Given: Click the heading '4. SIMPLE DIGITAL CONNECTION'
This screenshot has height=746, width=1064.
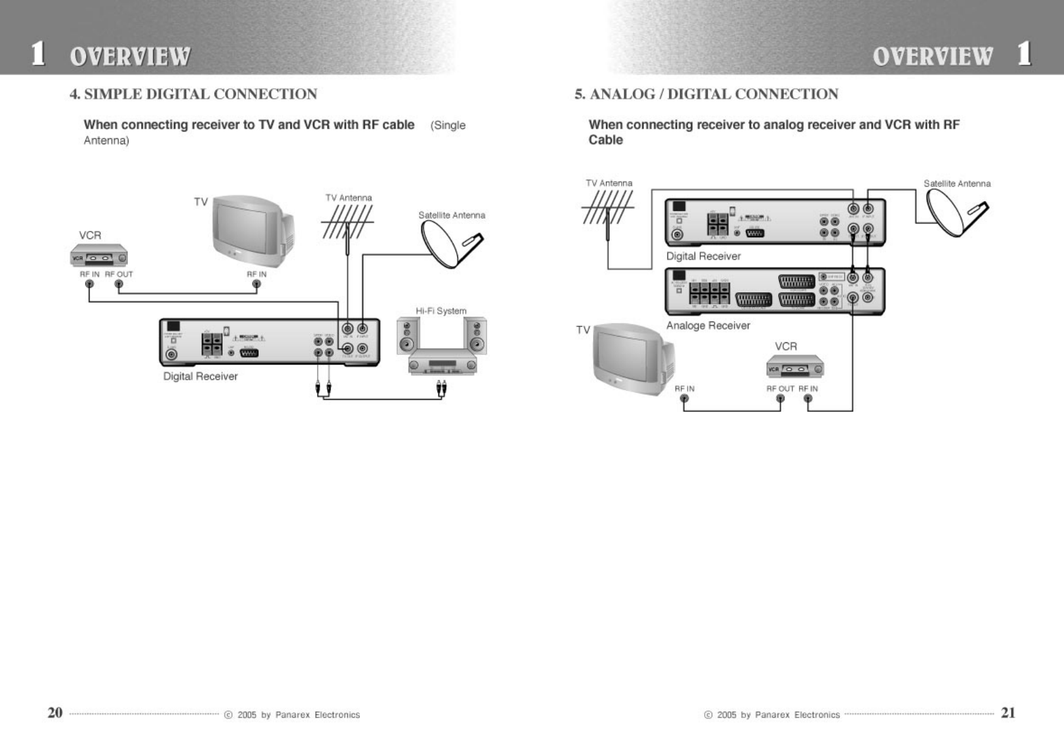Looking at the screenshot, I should coord(193,94).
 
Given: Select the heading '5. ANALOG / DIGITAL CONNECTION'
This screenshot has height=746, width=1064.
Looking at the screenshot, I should coord(706,94).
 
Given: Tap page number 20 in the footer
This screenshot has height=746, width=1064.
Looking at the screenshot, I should coord(55,712).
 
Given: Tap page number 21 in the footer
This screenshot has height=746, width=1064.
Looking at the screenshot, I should coord(1008,712).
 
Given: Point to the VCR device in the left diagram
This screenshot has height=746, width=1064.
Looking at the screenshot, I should coord(99,258).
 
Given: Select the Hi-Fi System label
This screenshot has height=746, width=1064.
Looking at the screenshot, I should coord(441,311).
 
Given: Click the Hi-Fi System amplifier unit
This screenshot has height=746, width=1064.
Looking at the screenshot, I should coord(442,364).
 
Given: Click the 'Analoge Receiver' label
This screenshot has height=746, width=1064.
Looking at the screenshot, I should coord(708,326).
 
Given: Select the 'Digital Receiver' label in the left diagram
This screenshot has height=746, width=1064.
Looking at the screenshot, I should coord(201,376).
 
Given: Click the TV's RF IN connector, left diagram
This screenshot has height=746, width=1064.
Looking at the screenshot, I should coord(256,284).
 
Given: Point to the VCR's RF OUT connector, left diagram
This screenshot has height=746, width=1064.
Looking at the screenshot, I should coord(118,284).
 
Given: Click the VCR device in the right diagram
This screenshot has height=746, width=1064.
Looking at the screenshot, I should coord(795,367).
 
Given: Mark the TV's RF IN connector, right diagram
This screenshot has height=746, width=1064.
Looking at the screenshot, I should coord(684,399).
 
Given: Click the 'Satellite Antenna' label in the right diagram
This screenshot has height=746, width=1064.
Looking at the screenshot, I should coord(956,184).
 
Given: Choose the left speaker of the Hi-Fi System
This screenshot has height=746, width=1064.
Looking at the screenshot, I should coord(407,336).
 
